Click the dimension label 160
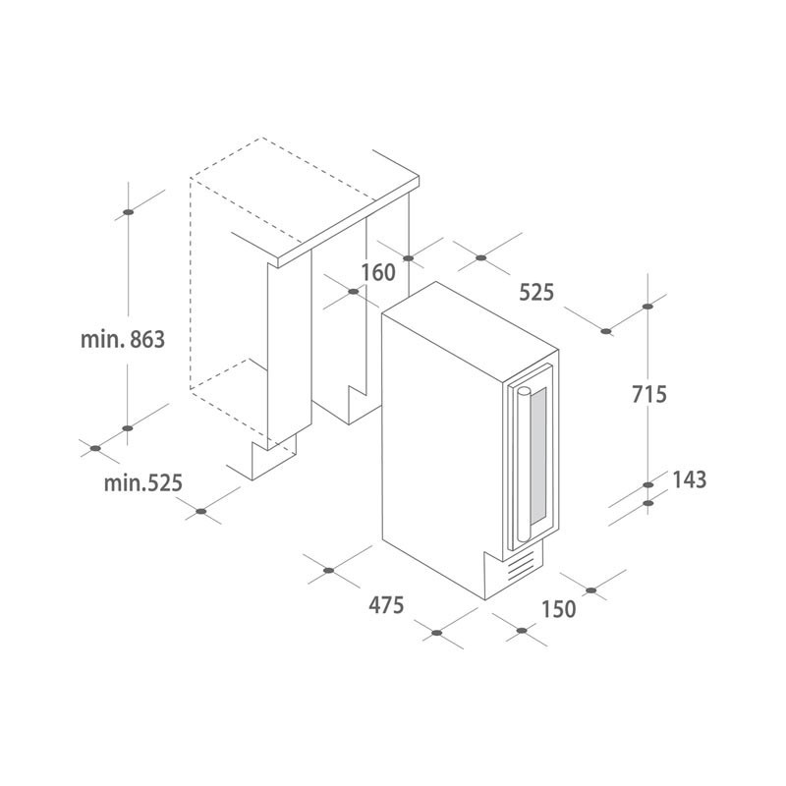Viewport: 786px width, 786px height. click(378, 273)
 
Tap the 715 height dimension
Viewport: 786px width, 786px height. click(649, 394)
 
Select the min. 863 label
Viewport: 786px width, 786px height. click(123, 340)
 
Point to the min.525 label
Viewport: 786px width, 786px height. click(143, 483)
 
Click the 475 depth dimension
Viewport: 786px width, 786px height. click(386, 605)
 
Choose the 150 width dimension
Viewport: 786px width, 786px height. click(558, 609)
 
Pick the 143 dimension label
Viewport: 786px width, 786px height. click(690, 479)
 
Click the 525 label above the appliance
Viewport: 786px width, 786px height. click(536, 292)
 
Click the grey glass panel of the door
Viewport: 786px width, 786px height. click(538, 456)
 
